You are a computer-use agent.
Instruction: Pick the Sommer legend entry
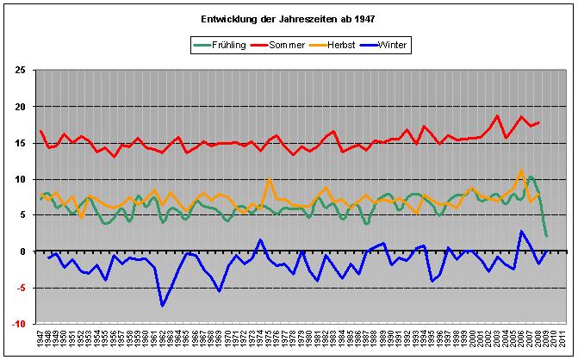coord(287,44)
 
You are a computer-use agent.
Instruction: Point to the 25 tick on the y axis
coord(19,71)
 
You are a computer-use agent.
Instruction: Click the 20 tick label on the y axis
coord(19,107)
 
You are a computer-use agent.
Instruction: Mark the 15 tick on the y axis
coord(19,143)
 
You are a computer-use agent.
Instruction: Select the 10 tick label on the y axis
coord(19,179)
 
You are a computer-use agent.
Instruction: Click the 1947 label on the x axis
coord(40,339)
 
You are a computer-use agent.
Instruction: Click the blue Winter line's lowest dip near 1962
coord(162,306)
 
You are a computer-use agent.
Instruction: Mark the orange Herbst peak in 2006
coord(521,171)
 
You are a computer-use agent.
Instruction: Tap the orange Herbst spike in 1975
coord(270,179)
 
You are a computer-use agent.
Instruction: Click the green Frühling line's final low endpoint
coord(546,235)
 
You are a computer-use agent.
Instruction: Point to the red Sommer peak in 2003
coord(497,116)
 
